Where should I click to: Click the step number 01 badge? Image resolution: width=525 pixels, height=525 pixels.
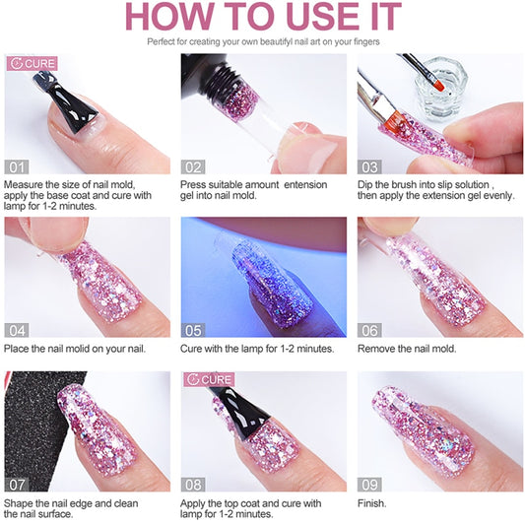17,166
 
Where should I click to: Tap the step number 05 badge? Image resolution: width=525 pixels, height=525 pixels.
193,331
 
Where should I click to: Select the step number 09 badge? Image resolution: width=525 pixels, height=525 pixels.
369,485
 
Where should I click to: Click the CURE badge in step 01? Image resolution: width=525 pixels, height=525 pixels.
33,64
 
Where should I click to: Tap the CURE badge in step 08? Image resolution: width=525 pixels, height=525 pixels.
209,379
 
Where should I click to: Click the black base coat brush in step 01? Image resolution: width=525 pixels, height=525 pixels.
67,103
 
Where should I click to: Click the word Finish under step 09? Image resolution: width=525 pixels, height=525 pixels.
372,503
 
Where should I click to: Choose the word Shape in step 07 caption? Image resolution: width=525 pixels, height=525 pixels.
18,504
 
